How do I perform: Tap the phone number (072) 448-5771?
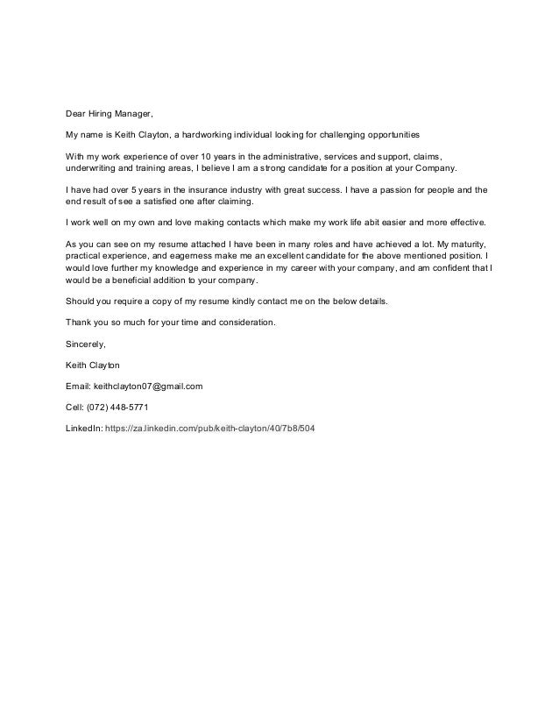[124, 406]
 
